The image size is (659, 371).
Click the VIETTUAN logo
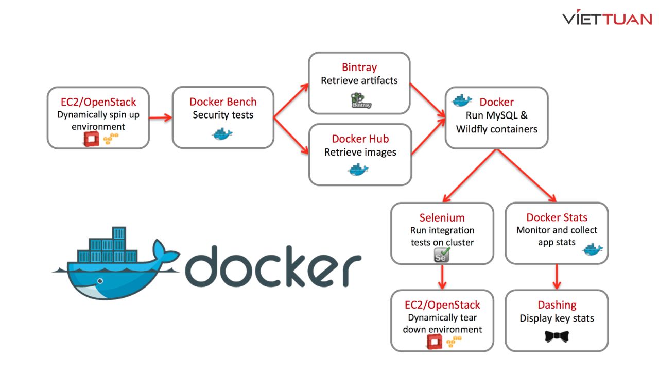coord(607,19)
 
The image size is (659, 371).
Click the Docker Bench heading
coord(222,102)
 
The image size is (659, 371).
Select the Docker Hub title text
coord(360,139)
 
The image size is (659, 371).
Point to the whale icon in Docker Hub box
coord(358,168)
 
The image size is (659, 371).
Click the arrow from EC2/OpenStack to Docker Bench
coord(160,117)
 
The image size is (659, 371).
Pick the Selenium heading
coord(442,217)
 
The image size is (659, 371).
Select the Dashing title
coord(557,305)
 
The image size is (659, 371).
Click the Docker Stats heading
coord(557,217)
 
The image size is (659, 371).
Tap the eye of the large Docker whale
coord(100,281)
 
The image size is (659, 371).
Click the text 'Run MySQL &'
coord(496,115)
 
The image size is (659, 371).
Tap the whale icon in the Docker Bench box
coord(222,133)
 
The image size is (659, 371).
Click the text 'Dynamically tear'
coord(442,317)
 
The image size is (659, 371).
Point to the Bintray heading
coord(359,67)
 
